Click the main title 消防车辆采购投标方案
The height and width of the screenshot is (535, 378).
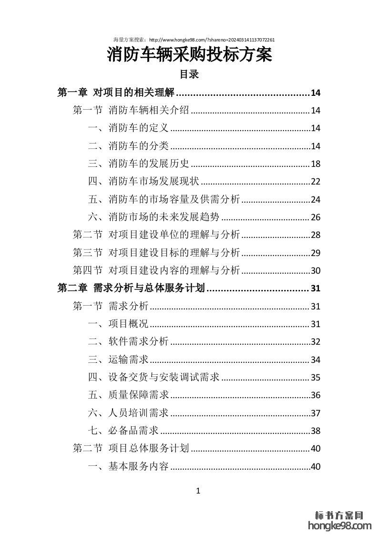(x=189, y=55)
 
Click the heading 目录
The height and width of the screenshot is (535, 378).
(x=189, y=74)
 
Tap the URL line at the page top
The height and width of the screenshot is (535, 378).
(x=194, y=40)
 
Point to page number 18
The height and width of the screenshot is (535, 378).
(x=316, y=164)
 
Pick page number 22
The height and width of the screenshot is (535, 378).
(x=316, y=182)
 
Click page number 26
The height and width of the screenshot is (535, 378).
(x=316, y=217)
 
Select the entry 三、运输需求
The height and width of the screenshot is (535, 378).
(x=119, y=359)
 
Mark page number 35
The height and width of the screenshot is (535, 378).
(x=316, y=377)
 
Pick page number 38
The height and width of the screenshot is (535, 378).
(x=316, y=431)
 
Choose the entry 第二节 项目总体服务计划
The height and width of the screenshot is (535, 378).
(x=131, y=448)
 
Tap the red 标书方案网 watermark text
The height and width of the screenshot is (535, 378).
(x=340, y=515)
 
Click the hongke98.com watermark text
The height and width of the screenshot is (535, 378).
(x=340, y=526)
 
